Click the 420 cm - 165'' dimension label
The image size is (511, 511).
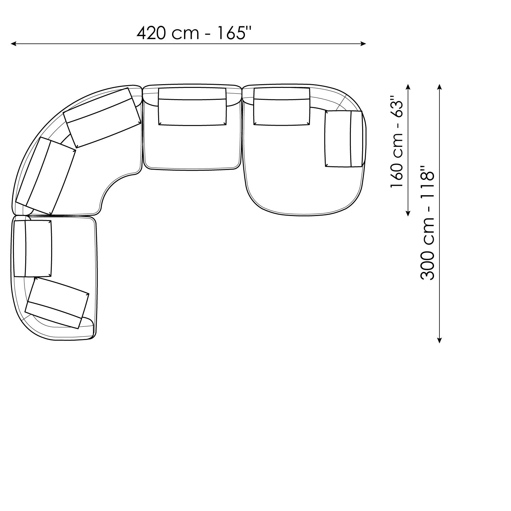pyautogui.click(x=195, y=33)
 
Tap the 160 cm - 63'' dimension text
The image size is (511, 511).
pyautogui.click(x=397, y=141)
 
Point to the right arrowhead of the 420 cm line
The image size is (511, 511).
pyautogui.click(x=363, y=44)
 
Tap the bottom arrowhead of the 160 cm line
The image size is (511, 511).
pyautogui.click(x=408, y=213)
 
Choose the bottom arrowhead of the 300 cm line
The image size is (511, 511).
pyautogui.click(x=439, y=339)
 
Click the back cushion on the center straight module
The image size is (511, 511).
pyautogui.click(x=192, y=107)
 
